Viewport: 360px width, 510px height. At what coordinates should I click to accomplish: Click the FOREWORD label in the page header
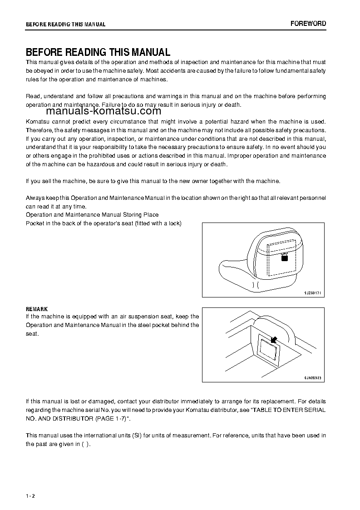tap(308, 24)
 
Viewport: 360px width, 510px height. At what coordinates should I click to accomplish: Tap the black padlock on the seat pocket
tap(285, 257)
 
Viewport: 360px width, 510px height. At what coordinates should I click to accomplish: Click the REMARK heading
tap(37, 309)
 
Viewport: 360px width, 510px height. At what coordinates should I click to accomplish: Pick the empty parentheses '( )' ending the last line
tap(85, 444)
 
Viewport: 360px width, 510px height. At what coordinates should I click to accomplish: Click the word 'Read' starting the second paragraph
tap(33, 96)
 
